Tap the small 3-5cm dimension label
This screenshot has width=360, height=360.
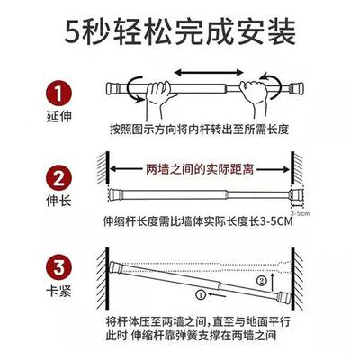pos(310,212)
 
